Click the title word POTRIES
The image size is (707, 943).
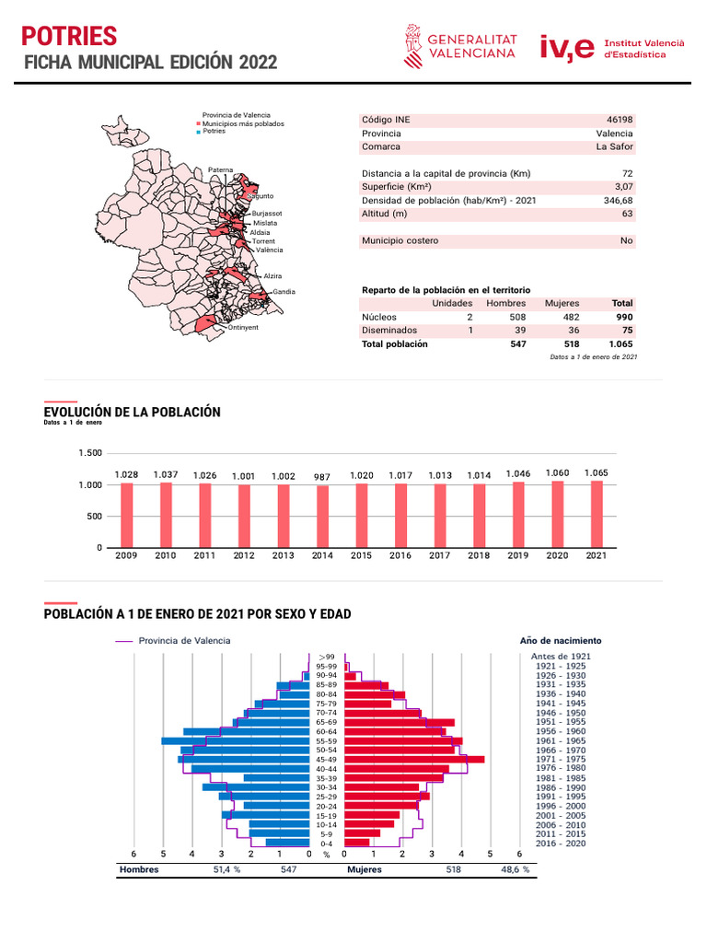click(69, 36)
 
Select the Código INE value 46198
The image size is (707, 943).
click(620, 120)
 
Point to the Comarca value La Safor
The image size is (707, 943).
click(615, 146)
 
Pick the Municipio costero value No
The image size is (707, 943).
click(626, 240)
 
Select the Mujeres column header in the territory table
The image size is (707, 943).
click(562, 303)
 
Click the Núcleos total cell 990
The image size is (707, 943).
click(623, 317)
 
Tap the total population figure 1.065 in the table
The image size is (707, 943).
click(621, 343)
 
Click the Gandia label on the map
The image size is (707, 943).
click(284, 292)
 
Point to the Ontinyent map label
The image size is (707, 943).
click(243, 327)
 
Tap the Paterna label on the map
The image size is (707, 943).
click(221, 169)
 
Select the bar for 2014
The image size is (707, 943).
click(322, 517)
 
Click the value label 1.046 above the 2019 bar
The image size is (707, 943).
click(518, 473)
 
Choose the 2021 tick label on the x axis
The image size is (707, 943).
click(597, 556)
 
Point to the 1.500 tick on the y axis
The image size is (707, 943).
click(90, 453)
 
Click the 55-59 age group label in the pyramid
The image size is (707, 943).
click(326, 741)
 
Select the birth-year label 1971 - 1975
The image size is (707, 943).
click(560, 760)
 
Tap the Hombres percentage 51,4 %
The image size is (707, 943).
click(226, 869)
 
